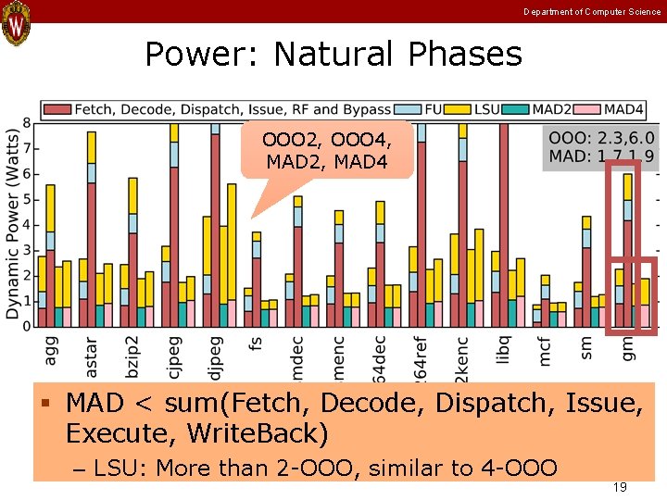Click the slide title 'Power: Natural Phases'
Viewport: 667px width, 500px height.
click(x=333, y=55)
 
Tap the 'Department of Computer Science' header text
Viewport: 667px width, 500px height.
click(x=592, y=11)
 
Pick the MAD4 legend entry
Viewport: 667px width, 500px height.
click(x=619, y=109)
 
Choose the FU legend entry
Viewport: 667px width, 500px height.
click(x=423, y=109)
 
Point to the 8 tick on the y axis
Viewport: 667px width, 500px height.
click(x=27, y=123)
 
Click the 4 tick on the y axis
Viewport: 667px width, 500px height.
click(x=27, y=225)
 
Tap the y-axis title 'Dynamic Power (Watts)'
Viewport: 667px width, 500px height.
click(x=12, y=222)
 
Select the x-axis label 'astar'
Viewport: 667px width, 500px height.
click(x=91, y=357)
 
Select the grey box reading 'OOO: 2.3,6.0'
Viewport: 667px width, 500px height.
click(x=600, y=146)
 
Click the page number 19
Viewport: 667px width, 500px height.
click(x=621, y=486)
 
